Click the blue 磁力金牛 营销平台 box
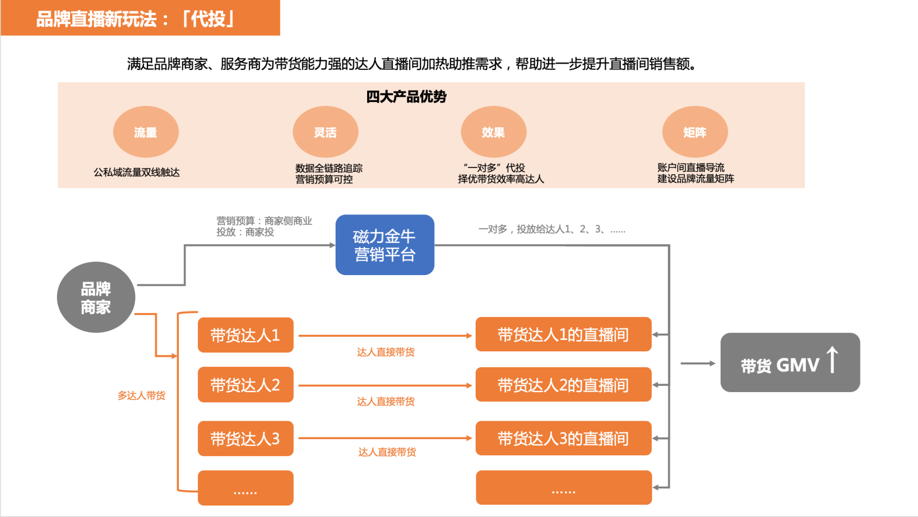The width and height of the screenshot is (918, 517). tap(384, 245)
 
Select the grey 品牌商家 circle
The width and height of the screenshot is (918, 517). tap(96, 297)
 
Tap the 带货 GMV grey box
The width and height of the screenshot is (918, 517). tap(789, 363)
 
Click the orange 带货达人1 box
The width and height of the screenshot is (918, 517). tap(246, 335)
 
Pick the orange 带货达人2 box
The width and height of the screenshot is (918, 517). tap(246, 385)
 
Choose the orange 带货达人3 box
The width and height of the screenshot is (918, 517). tap(246, 438)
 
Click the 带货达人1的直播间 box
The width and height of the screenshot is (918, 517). tap(563, 335)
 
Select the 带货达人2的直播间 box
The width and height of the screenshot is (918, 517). tap(563, 385)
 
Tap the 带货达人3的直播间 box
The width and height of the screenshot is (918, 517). tap(563, 438)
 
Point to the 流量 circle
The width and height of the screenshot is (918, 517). tap(146, 132)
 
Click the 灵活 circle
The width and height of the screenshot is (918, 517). tap(325, 132)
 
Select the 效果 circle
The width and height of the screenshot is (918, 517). tap(493, 132)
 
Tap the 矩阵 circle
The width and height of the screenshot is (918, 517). tap(695, 132)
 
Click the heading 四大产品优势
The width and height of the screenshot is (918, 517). tap(406, 96)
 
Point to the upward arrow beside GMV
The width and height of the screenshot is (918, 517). tap(833, 360)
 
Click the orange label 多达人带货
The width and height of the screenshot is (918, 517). tap(141, 395)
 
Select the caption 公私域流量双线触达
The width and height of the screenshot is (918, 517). tap(137, 172)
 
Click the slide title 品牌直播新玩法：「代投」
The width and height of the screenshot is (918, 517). tap(135, 19)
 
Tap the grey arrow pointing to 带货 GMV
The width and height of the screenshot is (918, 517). tap(698, 363)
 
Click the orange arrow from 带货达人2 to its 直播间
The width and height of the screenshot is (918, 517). tap(384, 386)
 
